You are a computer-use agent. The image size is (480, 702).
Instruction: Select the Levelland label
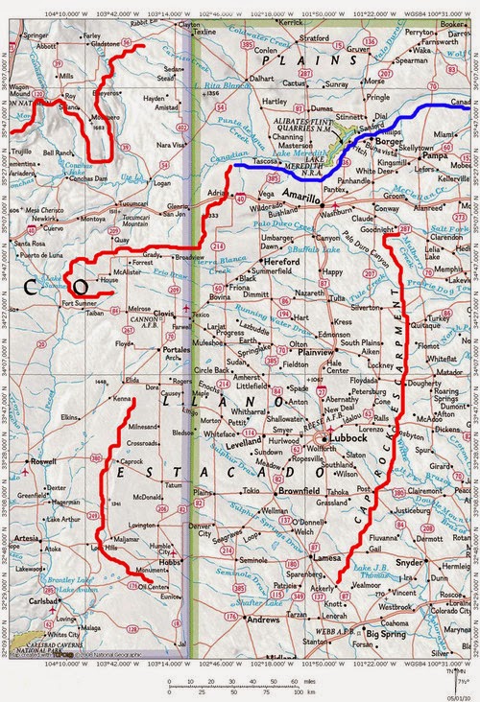[244, 446]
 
